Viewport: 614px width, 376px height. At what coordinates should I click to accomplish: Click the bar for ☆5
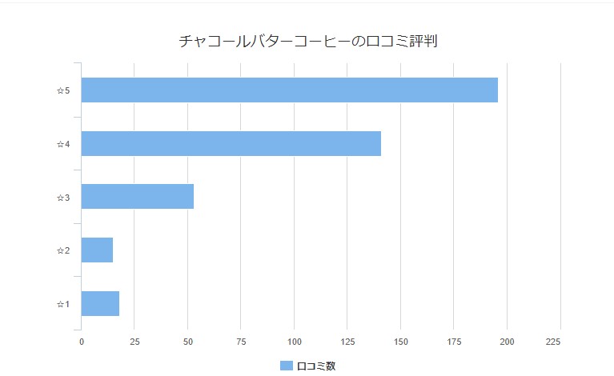tap(289, 90)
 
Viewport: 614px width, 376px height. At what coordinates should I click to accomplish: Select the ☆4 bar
tap(231, 143)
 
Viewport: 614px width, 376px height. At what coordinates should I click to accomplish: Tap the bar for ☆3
tap(137, 197)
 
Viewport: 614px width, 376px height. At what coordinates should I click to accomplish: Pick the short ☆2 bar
tap(97, 250)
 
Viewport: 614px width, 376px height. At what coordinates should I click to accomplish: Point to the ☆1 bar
tap(100, 304)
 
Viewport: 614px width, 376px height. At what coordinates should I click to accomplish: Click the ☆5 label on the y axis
tap(63, 91)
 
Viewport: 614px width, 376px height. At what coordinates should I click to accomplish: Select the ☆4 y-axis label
tap(63, 144)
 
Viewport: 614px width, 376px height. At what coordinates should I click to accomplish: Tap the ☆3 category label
tap(63, 198)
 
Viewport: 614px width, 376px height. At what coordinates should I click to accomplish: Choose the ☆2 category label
tap(63, 251)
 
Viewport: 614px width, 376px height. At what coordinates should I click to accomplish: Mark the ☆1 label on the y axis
tap(63, 304)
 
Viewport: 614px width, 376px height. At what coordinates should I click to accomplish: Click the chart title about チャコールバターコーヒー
tap(307, 42)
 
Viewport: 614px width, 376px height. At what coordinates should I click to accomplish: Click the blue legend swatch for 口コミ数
tap(286, 366)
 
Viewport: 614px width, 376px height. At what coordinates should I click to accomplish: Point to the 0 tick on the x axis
tap(81, 342)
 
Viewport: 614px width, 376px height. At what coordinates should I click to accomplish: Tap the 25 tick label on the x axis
tap(134, 342)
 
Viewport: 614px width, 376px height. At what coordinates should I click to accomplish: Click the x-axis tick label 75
tap(241, 342)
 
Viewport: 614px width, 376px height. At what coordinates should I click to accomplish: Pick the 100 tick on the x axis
tap(294, 342)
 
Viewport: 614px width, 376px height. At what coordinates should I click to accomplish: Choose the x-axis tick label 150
tap(400, 342)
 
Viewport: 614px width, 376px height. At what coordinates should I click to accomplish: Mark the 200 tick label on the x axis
tap(507, 342)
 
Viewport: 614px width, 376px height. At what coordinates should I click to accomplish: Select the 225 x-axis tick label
tap(553, 342)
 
